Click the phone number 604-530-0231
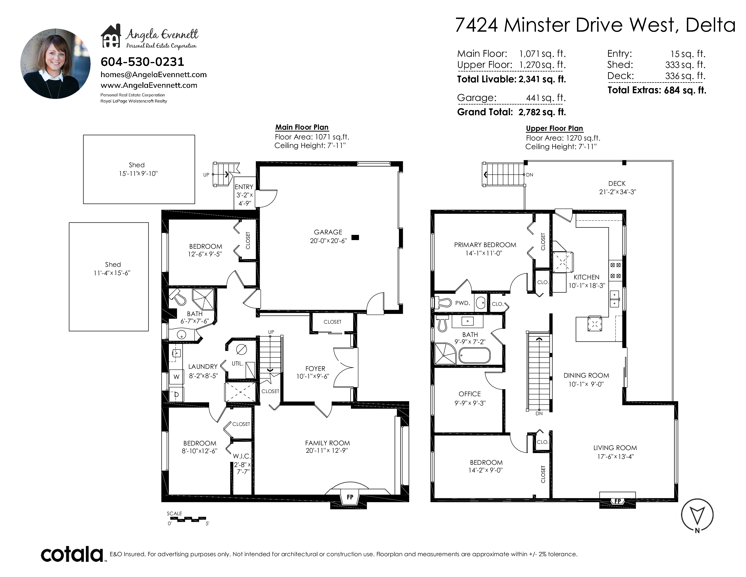(142, 62)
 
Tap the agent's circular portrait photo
(55, 64)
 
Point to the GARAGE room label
(328, 232)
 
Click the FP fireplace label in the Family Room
(350, 497)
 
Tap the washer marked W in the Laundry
(176, 377)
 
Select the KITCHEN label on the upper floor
(586, 277)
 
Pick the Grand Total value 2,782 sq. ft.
(542, 112)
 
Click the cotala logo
(72, 554)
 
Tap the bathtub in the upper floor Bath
(475, 355)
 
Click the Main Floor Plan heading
(302, 127)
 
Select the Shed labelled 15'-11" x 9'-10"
(139, 169)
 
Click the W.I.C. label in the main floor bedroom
(242, 456)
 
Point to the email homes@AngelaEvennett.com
(154, 74)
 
